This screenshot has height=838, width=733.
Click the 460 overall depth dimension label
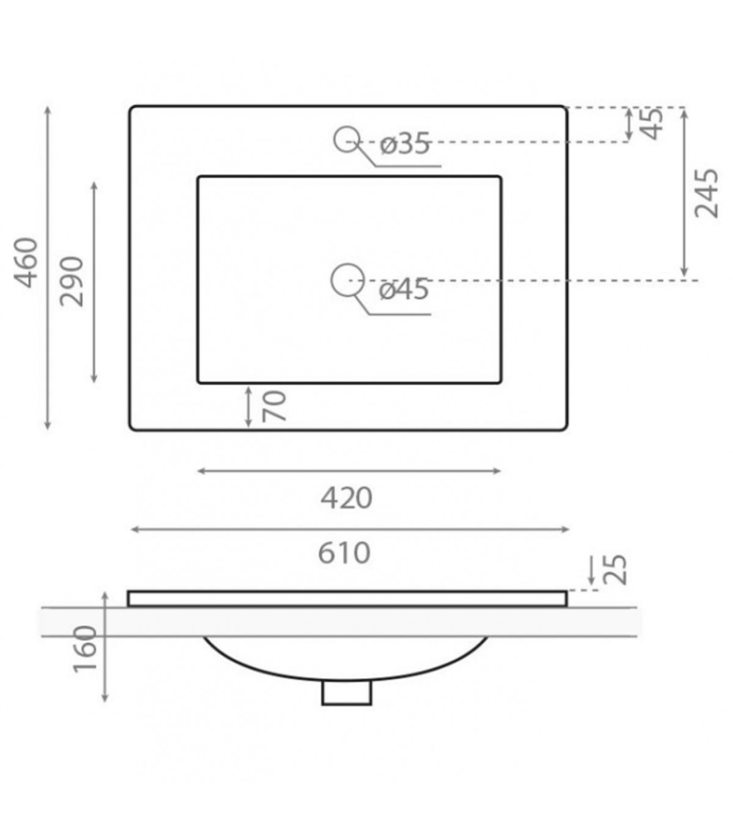pos(26,263)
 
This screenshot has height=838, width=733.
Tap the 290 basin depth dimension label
pos(71,282)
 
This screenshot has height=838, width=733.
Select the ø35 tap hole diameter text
pos(404,144)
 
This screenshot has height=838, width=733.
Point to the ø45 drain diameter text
pos(404,289)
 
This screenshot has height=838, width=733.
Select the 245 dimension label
pos(706,194)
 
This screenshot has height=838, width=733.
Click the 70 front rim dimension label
pos(274,406)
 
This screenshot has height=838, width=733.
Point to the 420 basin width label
pos(346,498)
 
